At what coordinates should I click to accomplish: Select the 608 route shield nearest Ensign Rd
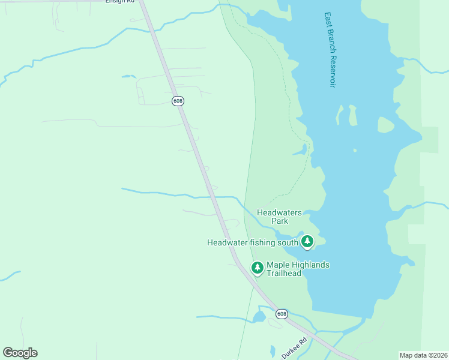tap(178, 101)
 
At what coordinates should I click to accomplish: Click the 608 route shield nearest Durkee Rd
tap(282, 314)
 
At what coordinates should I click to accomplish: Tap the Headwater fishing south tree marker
tap(307, 242)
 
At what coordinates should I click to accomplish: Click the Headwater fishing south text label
tap(253, 242)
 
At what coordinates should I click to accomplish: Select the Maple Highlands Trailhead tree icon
tap(258, 268)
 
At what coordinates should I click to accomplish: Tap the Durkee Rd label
tap(295, 347)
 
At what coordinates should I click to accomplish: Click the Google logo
tap(20, 353)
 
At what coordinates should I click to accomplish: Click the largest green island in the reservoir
tap(386, 125)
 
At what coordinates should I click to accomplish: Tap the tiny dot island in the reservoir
tap(355, 151)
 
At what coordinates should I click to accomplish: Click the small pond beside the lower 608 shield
tap(259, 316)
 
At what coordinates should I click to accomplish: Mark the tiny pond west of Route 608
tap(128, 76)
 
